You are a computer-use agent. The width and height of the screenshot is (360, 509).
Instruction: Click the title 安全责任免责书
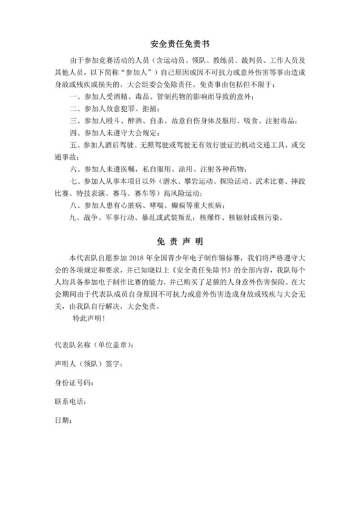click(x=180, y=46)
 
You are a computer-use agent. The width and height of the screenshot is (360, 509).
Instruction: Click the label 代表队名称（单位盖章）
click(x=94, y=346)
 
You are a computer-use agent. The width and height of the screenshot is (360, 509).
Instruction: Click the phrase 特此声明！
click(x=89, y=317)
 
